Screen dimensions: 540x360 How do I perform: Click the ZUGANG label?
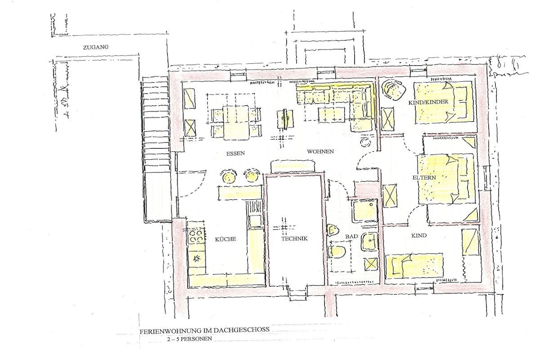coord(96,47)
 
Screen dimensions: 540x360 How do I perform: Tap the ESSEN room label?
coord(236,153)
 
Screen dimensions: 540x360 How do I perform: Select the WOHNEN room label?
coord(320,151)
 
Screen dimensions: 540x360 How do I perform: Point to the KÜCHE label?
coord(226,239)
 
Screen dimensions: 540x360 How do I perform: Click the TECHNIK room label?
coord(294,239)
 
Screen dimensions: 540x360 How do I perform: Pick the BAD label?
coord(352,237)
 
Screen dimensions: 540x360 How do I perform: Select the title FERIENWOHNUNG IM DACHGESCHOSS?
coord(204,330)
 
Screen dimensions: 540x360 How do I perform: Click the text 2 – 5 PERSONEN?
coord(189,339)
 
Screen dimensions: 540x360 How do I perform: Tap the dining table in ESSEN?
coord(236,122)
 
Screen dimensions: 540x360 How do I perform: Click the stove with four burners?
coord(196,236)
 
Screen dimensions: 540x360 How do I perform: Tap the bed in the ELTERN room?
coord(446,179)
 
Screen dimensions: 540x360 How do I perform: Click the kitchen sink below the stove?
coord(196,258)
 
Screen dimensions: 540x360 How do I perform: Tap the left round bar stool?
coord(228,176)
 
